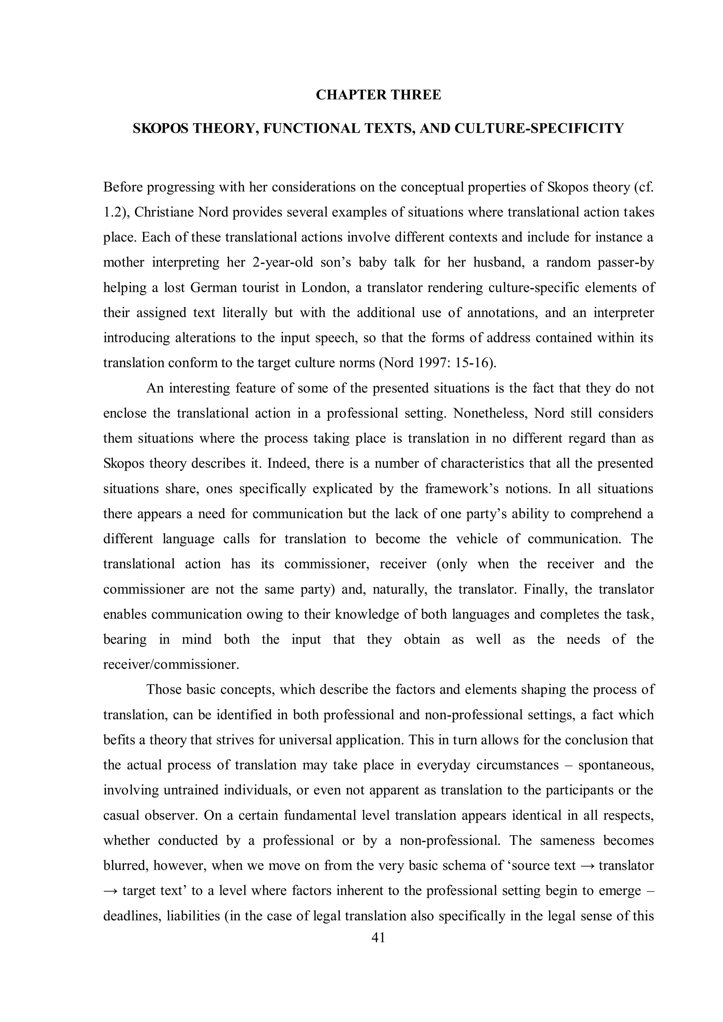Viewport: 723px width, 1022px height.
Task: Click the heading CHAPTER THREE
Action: coord(378,95)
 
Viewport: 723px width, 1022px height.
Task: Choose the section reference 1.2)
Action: coord(116,212)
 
